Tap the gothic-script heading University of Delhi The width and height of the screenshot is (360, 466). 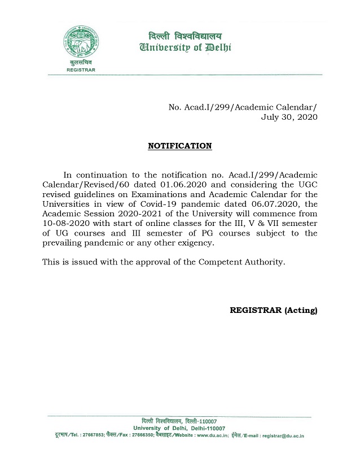pos(180,47)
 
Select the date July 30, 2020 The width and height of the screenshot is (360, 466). pos(289,117)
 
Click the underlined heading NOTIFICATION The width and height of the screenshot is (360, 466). pos(179,146)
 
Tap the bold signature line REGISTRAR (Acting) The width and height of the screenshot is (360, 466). pos(274,310)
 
